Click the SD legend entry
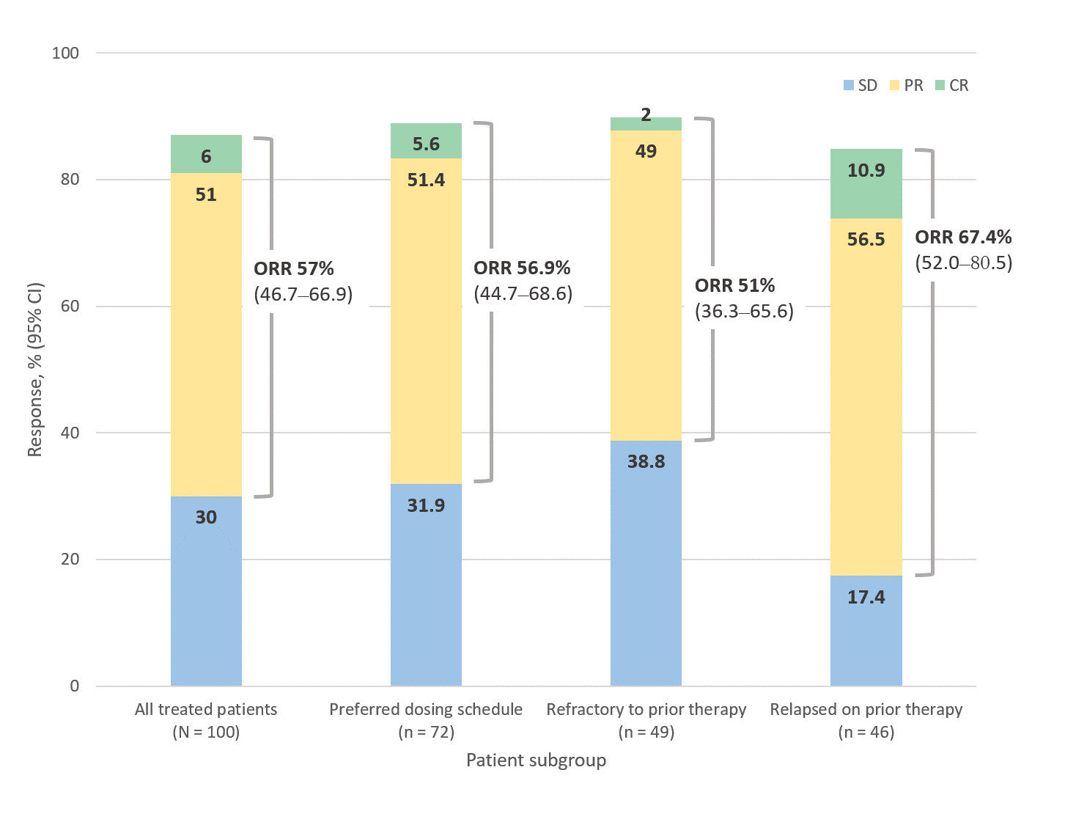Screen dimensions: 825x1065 click(861, 86)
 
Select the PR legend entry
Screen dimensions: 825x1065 click(907, 86)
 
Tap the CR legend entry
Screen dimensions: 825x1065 click(952, 86)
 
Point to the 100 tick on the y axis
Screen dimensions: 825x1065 click(65, 53)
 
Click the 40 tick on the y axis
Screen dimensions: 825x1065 click(70, 433)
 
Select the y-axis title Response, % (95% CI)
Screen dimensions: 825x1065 click(35, 370)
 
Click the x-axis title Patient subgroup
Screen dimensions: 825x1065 click(536, 760)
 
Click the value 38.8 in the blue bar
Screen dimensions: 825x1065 click(646, 461)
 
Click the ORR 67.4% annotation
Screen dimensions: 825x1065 click(963, 237)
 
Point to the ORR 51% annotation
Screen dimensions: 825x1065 click(734, 285)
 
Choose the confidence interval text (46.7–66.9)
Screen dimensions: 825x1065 click(303, 294)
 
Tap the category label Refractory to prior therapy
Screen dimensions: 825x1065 click(646, 709)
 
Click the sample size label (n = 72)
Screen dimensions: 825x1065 click(426, 732)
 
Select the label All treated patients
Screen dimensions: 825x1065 click(206, 709)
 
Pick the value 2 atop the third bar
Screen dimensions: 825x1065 click(646, 115)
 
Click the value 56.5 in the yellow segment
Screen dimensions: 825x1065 click(866, 240)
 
